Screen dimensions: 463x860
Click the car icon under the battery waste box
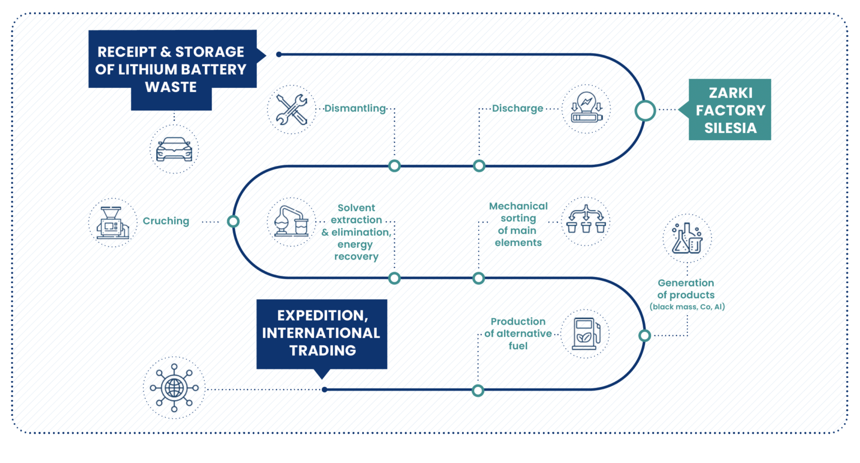[x=174, y=149]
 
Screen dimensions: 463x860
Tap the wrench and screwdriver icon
[x=292, y=109]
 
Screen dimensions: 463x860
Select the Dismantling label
[x=355, y=108]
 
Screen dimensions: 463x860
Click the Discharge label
[x=517, y=108]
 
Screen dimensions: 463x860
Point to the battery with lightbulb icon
[x=586, y=109]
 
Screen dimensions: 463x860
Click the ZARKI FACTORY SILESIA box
[x=730, y=110]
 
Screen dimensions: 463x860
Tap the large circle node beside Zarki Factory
[x=645, y=110]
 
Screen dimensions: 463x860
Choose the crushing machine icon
[x=113, y=223]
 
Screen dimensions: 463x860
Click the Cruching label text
[x=166, y=221]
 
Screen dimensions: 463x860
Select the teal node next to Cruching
[x=233, y=221]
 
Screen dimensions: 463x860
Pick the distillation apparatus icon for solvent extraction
[x=291, y=222]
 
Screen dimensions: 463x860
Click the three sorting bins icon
[x=586, y=221]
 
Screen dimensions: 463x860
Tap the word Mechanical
[x=518, y=206]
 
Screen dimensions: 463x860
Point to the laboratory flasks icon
[x=687, y=239]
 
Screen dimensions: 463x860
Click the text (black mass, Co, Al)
[x=687, y=307]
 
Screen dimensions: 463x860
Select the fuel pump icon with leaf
[x=586, y=334]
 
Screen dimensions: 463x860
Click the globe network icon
[x=174, y=387]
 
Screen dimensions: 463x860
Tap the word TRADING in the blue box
[x=322, y=350]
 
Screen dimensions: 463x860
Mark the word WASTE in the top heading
[x=171, y=87]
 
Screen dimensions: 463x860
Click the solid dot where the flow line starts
[x=279, y=54]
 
